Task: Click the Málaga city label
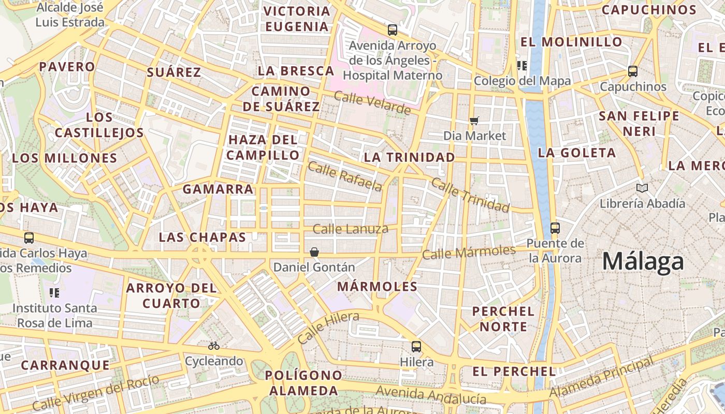coord(643,262)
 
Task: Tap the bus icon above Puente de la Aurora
coord(555,228)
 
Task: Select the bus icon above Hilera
coord(416,347)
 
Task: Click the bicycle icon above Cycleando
coord(214,346)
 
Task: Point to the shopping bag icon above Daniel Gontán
coord(314,252)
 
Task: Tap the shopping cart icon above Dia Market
coord(474,121)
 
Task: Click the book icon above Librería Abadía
coord(642,188)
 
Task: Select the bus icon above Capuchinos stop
coord(632,71)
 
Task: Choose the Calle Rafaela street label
coord(345,176)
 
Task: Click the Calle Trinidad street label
coord(470,195)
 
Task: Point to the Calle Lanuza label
coord(351,229)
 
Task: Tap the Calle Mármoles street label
coord(469,253)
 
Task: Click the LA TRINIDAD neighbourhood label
coord(409,157)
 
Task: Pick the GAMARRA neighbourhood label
coord(218,189)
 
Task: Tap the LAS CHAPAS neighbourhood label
coord(202,238)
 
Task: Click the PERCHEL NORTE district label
coord(503,319)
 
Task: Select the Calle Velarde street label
coord(372,103)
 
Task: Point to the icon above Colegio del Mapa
coord(521,66)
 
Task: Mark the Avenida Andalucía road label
coord(431,395)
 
